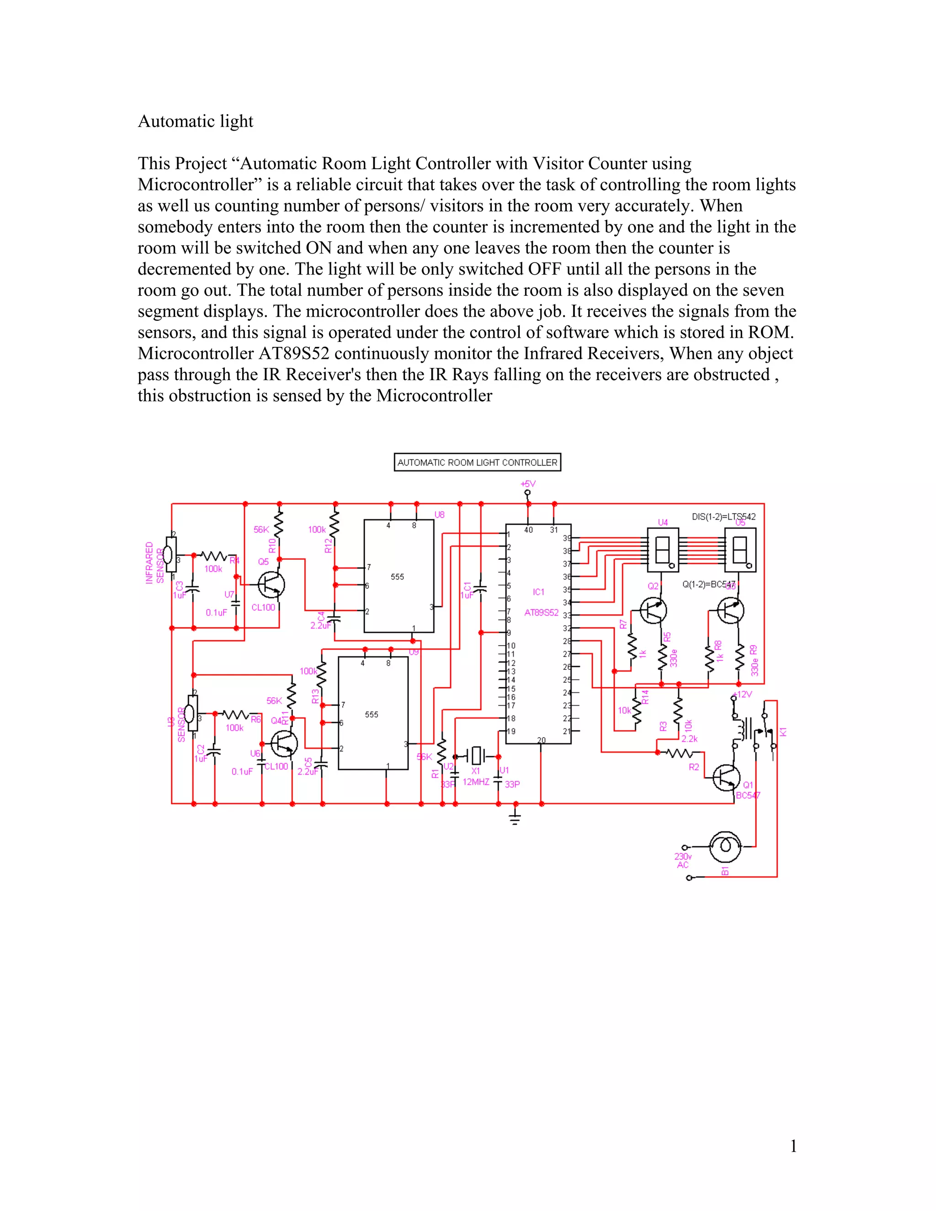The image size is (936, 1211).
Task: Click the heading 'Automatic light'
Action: coord(195,122)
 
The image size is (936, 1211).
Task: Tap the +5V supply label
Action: coord(527,484)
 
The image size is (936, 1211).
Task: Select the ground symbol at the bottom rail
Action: coord(515,818)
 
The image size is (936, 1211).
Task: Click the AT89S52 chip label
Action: coord(541,613)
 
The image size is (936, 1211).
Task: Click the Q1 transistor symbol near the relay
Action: coord(726,777)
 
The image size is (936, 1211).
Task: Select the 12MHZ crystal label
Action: coord(476,782)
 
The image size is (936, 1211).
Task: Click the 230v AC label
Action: coord(683,860)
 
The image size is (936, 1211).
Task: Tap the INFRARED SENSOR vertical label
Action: coord(154,563)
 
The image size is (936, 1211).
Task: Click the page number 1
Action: coord(793,1146)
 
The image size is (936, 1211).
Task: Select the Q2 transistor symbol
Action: coord(653,610)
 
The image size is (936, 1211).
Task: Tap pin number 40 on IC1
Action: coord(528,530)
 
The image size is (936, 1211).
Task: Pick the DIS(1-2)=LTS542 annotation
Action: coord(723,517)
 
